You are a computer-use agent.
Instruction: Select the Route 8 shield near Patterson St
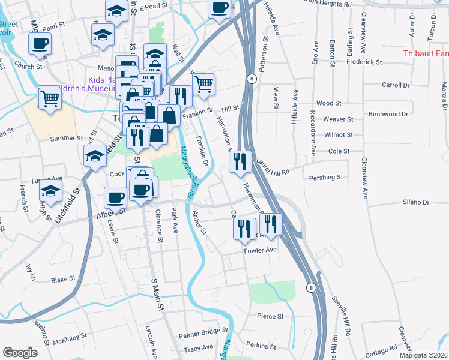point(252,79)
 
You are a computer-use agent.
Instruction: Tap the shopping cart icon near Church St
point(50,97)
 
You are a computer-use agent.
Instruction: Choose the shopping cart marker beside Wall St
point(203,85)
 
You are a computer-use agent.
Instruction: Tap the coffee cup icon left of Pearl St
point(40,43)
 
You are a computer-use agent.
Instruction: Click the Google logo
point(20,353)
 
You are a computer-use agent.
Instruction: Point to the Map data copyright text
point(423,355)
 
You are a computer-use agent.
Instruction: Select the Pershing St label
point(325,178)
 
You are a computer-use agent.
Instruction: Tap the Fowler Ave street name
point(259,250)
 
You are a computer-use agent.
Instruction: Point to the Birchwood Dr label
point(388,114)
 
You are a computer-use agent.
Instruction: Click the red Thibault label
point(426,54)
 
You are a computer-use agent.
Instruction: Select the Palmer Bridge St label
point(204,331)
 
